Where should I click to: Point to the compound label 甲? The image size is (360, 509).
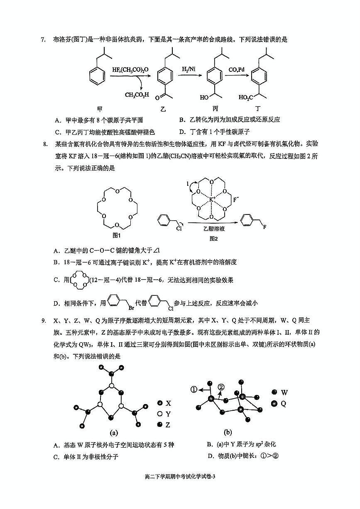pyautogui.click(x=99, y=109)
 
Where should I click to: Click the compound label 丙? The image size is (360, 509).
pyautogui.click(x=215, y=109)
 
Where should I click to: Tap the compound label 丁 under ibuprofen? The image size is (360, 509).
pyautogui.click(x=258, y=109)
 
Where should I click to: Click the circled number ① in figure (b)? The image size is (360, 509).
pyautogui.click(x=194, y=389)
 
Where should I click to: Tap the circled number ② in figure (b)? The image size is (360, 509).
pyautogui.click(x=221, y=387)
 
